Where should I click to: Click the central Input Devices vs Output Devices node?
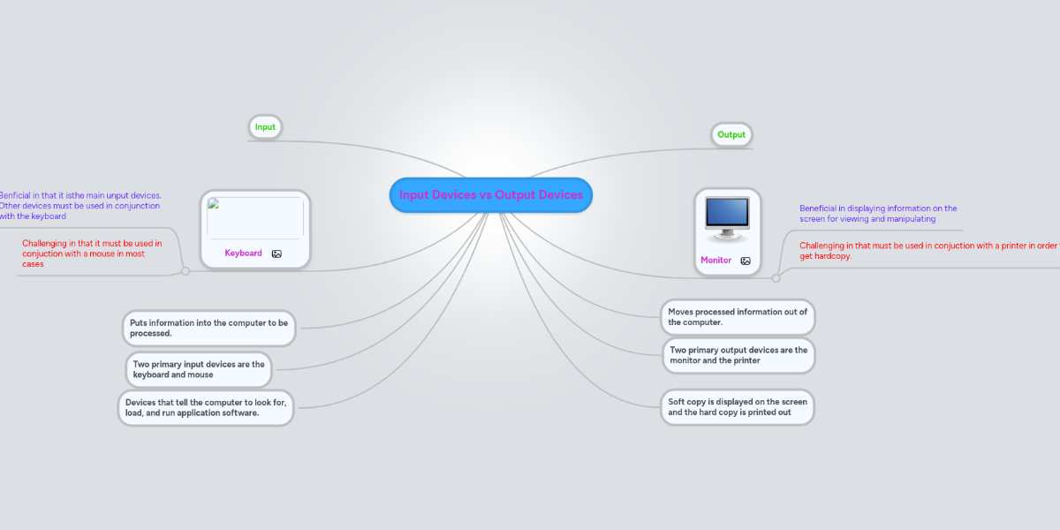(490, 195)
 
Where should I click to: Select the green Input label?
(265, 127)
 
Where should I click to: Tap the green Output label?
(731, 135)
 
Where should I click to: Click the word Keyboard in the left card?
(243, 254)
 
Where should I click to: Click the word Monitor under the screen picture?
(715, 261)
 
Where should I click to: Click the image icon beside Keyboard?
(276, 254)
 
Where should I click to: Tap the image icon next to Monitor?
(746, 261)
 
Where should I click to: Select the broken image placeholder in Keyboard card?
(254, 217)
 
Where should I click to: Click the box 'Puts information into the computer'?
(208, 328)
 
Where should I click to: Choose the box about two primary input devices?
(199, 369)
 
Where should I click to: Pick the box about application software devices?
(206, 408)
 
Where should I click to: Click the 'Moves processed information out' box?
(738, 317)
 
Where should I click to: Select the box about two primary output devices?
(738, 355)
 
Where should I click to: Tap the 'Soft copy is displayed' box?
(738, 407)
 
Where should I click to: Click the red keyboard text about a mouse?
(92, 254)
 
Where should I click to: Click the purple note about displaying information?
(878, 214)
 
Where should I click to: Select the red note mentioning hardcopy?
(927, 251)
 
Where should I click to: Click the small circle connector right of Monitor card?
(776, 278)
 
